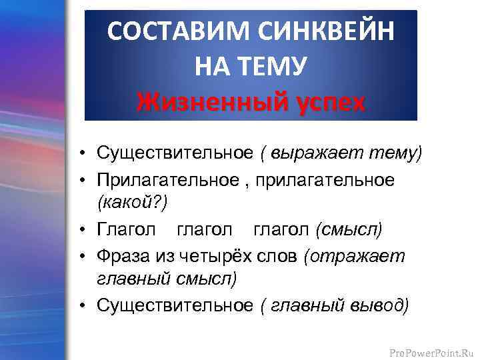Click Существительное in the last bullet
pos(175,305)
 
